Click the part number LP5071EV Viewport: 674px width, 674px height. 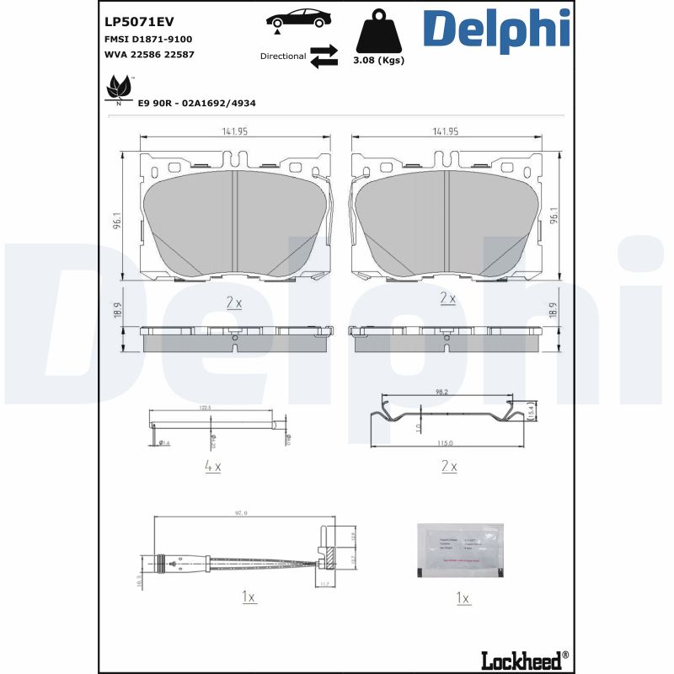coord(138,21)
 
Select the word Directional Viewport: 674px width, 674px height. coord(283,56)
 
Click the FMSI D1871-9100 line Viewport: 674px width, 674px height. coord(148,39)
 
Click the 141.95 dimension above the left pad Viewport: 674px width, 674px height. coord(233,131)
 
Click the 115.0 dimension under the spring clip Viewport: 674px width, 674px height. coord(444,443)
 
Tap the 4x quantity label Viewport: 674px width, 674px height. coord(212,465)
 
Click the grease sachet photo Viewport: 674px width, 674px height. coord(460,549)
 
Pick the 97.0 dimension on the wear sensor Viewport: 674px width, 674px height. coord(239,512)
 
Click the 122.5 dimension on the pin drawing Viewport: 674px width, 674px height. coord(205,408)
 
